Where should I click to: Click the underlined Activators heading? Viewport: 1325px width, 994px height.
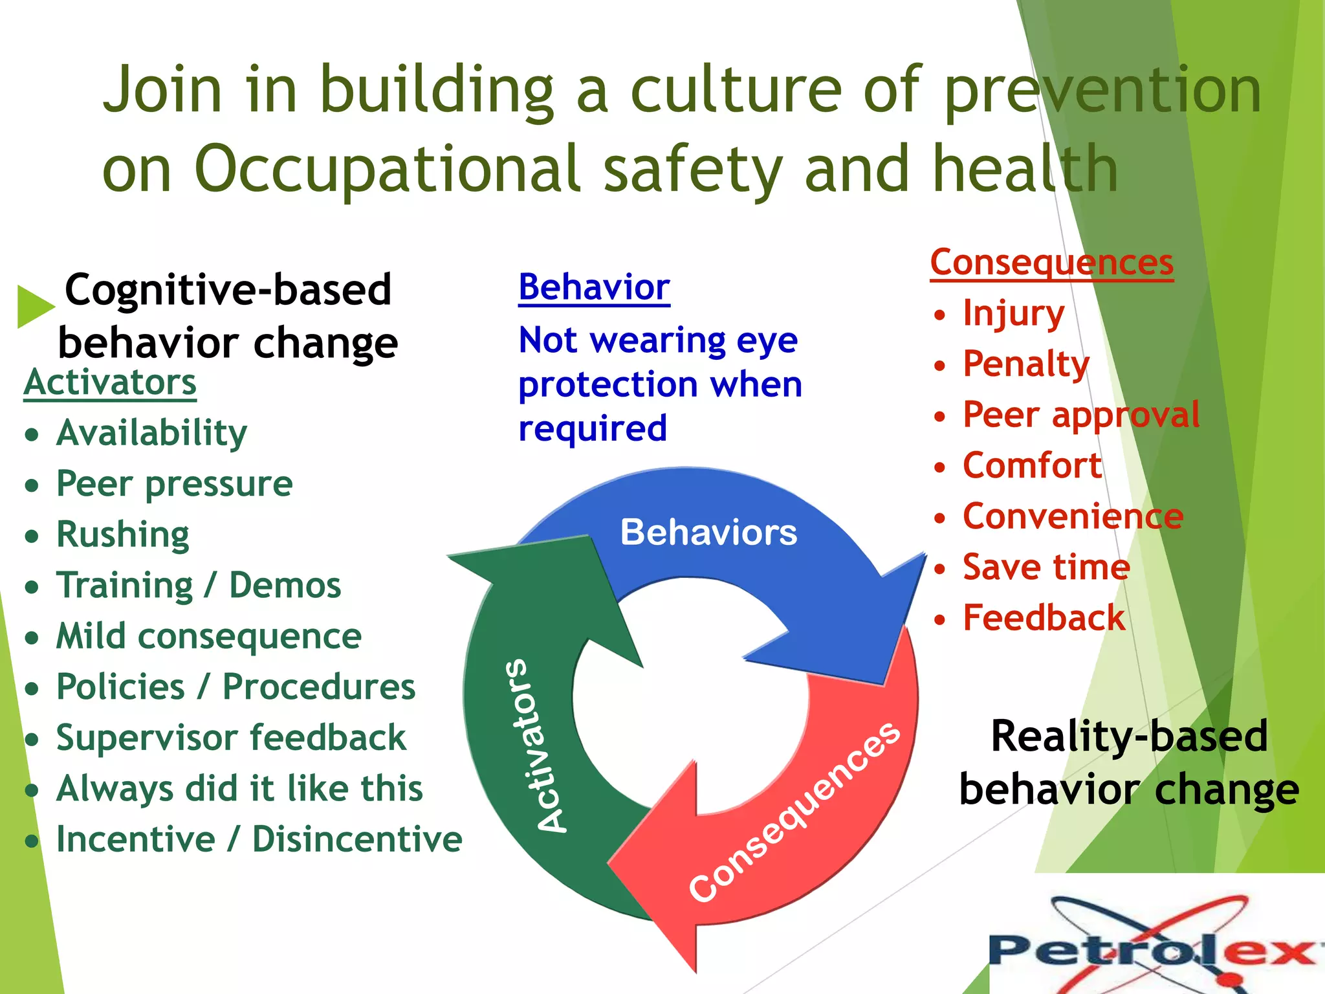110,382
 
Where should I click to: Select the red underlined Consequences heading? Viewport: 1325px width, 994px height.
1051,263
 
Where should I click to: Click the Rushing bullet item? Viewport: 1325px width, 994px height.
122,535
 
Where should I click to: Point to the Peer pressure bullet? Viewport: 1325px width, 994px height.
174,484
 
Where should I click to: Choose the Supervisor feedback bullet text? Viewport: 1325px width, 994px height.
231,738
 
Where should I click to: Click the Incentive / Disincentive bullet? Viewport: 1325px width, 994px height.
259,839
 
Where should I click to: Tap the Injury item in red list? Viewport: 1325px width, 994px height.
1013,314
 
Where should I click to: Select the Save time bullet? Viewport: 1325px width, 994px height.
1046,568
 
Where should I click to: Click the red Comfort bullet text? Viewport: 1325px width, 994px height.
1032,466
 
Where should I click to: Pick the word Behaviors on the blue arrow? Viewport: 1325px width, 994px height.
708,533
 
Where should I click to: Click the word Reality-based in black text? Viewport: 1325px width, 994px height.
1129,736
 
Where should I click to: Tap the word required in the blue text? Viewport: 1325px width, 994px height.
593,428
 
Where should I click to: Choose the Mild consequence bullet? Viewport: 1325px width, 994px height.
208,636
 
